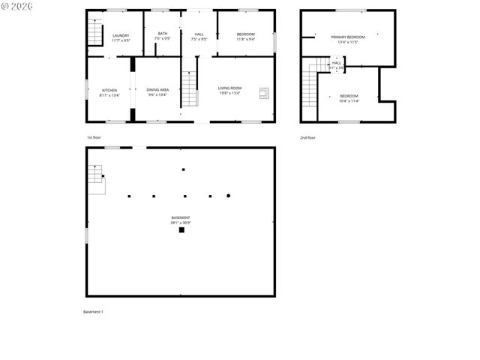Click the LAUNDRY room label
[x=121, y=35]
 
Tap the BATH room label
[x=163, y=34]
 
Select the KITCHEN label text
[x=109, y=90]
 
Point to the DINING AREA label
[x=157, y=90]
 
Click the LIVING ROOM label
[x=229, y=88]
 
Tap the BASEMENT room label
[x=180, y=217]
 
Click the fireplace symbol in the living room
[x=264, y=93]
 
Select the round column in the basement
[x=228, y=196]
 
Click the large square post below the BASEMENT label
[x=181, y=230]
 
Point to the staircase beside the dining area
[x=190, y=88]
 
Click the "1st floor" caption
[x=94, y=137]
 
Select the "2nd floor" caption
[x=307, y=137]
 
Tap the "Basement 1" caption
[x=93, y=311]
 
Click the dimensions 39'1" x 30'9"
[x=180, y=223]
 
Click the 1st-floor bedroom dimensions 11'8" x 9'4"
[x=246, y=39]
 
